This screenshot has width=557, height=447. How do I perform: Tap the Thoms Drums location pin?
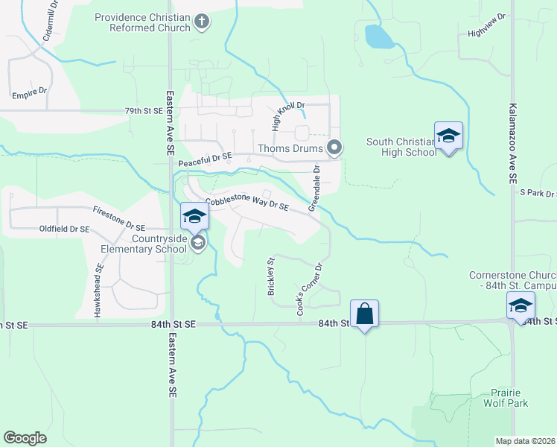coord(335,149)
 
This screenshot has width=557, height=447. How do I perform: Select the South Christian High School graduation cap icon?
coord(448,136)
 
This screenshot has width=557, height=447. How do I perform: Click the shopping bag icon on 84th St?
coord(364,314)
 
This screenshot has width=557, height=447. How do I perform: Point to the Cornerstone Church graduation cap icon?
coord(521,305)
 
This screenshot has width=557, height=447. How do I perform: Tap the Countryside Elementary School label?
coord(159,244)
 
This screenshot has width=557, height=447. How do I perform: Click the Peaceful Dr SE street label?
coord(206,159)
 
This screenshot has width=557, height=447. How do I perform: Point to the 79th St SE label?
coord(143,111)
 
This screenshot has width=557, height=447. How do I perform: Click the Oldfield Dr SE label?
coord(65,229)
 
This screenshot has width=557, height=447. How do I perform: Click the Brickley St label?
coord(271,276)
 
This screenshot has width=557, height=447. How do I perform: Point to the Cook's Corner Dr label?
coord(310,289)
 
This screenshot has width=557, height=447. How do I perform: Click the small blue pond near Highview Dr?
coord(380,36)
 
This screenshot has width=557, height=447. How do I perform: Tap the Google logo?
coord(25,437)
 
